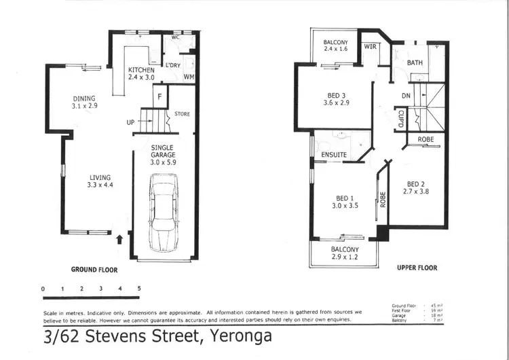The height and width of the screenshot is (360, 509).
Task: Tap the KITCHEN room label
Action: (x=142, y=70)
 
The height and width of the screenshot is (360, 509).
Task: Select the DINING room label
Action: (x=84, y=98)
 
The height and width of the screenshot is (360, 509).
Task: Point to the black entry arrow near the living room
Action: (x=120, y=238)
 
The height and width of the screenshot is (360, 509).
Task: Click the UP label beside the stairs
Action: (x=130, y=123)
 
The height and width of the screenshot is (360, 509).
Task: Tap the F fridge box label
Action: (x=159, y=96)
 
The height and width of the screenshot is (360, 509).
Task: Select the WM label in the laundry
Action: (x=189, y=77)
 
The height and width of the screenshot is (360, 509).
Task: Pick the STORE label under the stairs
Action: (x=182, y=113)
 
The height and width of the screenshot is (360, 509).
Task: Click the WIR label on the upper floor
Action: (x=370, y=47)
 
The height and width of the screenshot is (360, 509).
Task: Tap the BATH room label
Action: (x=415, y=62)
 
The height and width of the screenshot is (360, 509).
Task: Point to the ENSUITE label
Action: (x=335, y=155)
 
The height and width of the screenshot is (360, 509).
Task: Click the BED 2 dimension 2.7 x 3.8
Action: (x=417, y=192)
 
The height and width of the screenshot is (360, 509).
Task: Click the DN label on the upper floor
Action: (x=407, y=96)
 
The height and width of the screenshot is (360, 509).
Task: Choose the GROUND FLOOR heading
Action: (x=94, y=270)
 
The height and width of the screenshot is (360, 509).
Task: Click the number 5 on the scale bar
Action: (x=139, y=289)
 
